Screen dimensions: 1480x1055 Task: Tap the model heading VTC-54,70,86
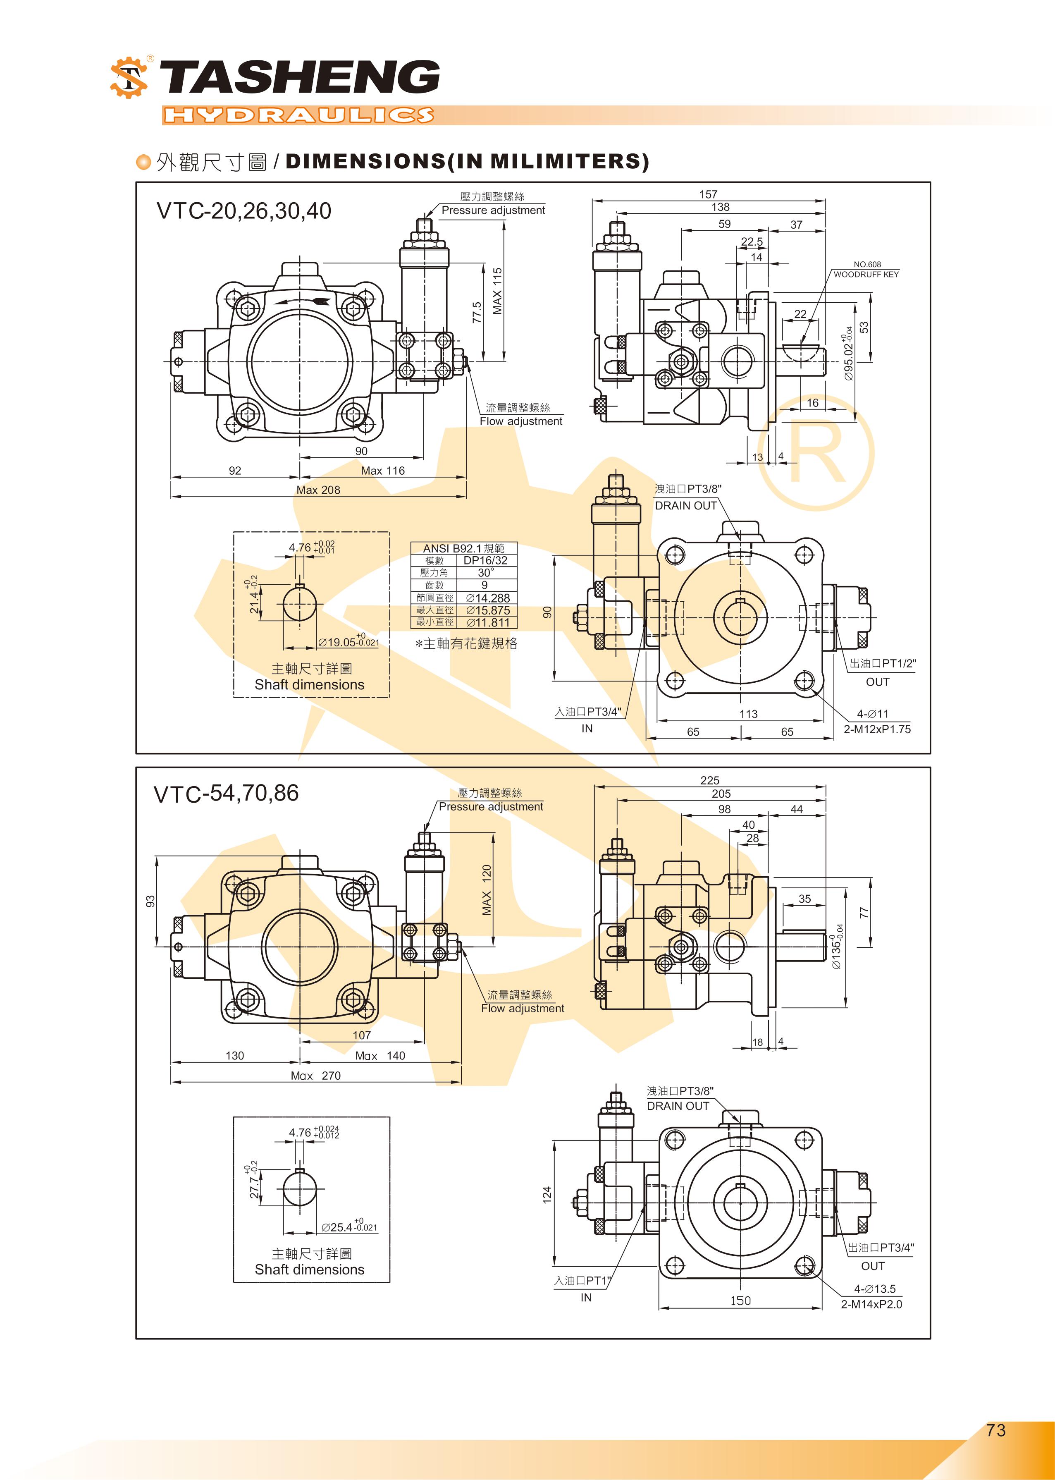pos(226,793)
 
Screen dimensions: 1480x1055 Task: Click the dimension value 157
pos(708,194)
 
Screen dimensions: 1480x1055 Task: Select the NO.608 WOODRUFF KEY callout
pos(866,270)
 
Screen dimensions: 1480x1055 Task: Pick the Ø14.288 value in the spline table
pos(488,598)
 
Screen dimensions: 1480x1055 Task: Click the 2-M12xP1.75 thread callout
pos(877,729)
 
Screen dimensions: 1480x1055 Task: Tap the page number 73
pos(995,1430)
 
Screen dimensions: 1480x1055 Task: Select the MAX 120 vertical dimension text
pos(487,890)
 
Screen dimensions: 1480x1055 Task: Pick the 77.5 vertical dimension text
pos(477,312)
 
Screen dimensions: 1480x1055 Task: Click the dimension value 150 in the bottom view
pos(740,1300)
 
